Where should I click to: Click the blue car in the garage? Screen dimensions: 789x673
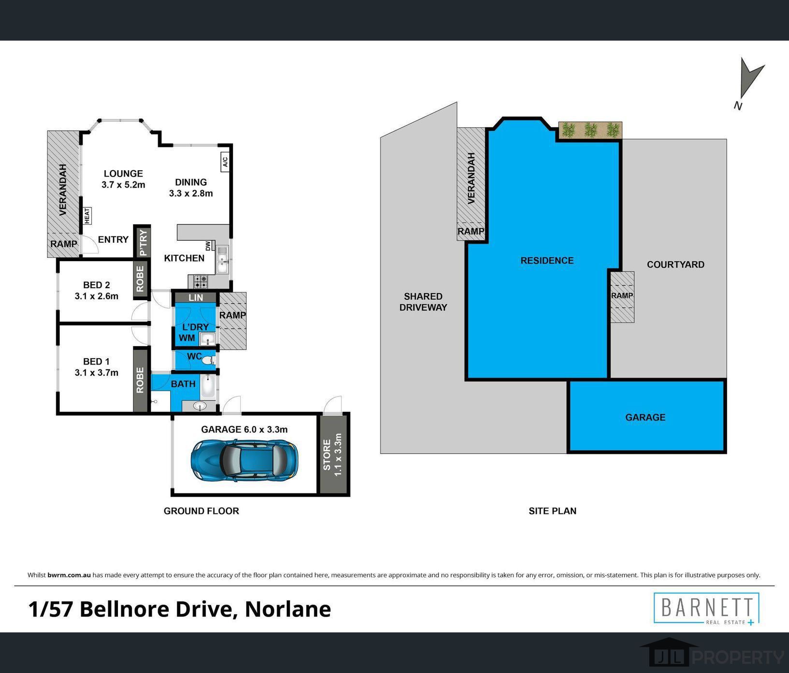click(244, 460)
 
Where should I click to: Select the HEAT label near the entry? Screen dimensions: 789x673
click(87, 216)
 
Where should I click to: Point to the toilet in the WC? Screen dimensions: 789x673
click(208, 360)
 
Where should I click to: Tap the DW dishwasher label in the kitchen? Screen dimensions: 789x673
click(208, 246)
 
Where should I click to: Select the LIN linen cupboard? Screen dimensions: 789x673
click(196, 297)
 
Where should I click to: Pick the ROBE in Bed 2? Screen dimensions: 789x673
click(140, 278)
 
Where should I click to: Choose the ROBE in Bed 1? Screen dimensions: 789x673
click(140, 380)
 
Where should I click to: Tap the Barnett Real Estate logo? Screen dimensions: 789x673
click(706, 609)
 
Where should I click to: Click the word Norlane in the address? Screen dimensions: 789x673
click(288, 609)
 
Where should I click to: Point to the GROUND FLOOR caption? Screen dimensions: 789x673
click(201, 511)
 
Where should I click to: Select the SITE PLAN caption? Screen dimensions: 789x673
click(553, 511)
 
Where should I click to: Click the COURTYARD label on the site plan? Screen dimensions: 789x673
click(676, 264)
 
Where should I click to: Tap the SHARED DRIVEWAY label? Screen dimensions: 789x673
click(423, 302)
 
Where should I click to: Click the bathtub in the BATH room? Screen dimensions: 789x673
click(208, 385)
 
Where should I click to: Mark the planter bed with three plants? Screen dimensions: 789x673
click(590, 130)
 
